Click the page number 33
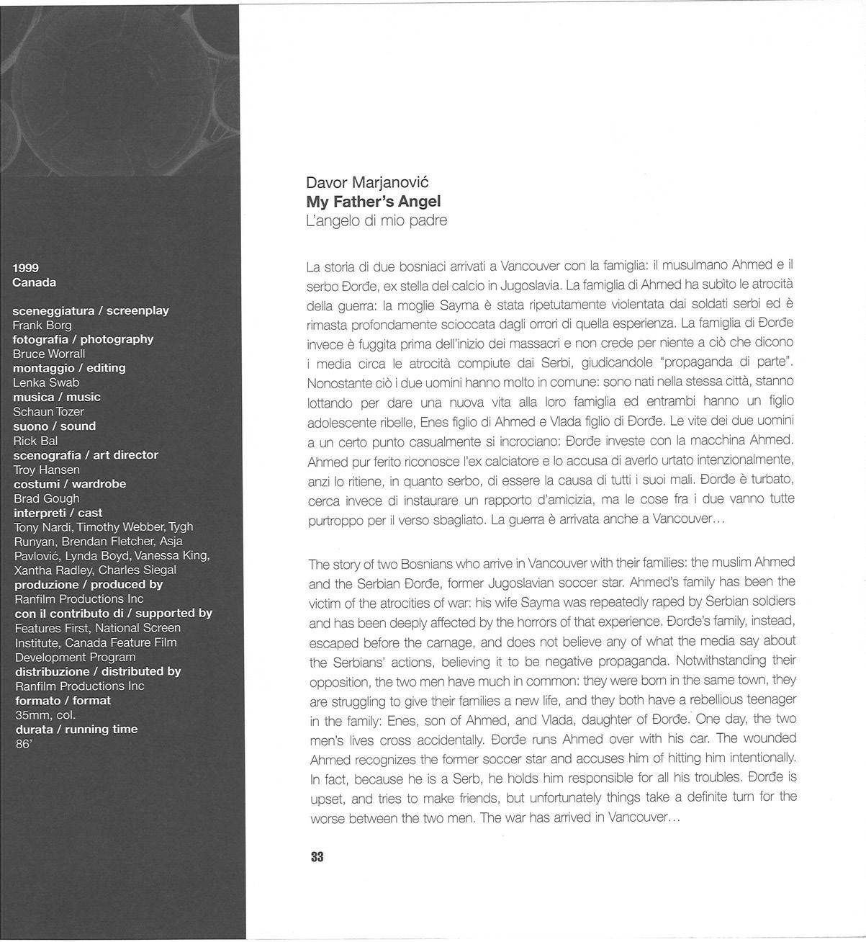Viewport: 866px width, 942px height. pyautogui.click(x=317, y=857)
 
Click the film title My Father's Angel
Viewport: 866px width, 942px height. pyautogui.click(x=373, y=202)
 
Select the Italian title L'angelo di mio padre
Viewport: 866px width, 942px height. pyautogui.click(x=376, y=220)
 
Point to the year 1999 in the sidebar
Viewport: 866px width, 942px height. pyautogui.click(x=26, y=268)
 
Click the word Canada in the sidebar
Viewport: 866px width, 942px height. pyautogui.click(x=34, y=282)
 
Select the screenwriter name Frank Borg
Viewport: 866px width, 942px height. pyautogui.click(x=42, y=325)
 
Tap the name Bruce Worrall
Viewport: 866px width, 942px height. pyautogui.click(x=49, y=354)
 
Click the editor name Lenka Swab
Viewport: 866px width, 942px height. pyautogui.click(x=46, y=382)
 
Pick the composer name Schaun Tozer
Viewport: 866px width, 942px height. pyautogui.click(x=48, y=412)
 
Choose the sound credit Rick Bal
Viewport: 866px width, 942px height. pyautogui.click(x=35, y=441)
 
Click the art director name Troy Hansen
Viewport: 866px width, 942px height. pyautogui.click(x=47, y=470)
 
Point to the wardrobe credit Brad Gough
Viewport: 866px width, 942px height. pyautogui.click(x=47, y=498)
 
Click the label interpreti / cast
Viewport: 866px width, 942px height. pyautogui.click(x=58, y=513)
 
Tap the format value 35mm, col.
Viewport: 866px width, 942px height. pyautogui.click(x=45, y=715)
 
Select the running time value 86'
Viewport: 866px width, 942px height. pyautogui.click(x=23, y=744)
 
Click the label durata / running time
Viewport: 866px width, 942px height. pyautogui.click(x=76, y=729)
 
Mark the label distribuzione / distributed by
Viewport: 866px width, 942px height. pyautogui.click(x=98, y=671)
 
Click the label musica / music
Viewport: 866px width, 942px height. pyautogui.click(x=57, y=397)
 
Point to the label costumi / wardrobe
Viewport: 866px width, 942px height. pyautogui.click(x=70, y=484)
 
